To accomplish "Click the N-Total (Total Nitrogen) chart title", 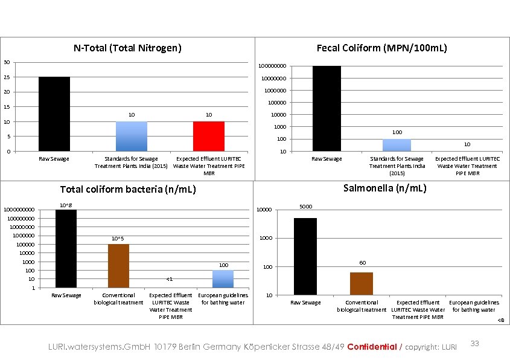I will [127, 48].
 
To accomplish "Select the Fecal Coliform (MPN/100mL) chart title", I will [381, 48].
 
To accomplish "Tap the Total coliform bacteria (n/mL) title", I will [127, 190].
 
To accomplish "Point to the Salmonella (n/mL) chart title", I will [384, 188].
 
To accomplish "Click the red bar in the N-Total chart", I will [209, 136].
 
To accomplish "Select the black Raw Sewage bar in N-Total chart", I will [54, 114].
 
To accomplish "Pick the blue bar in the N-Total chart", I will [131, 136].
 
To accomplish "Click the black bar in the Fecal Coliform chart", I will [327, 109].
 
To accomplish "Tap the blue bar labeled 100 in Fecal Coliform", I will [397, 145].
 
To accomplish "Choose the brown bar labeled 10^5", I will [118, 266].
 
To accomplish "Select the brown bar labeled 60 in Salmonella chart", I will [362, 283].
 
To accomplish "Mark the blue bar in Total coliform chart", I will [223, 278].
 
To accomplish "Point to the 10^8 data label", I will [66, 205].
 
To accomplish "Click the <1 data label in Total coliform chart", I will [170, 279].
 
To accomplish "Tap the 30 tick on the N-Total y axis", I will [5, 62].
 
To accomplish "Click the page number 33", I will [474, 344].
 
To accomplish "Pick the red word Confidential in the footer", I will [372, 347].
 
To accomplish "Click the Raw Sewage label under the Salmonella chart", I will [305, 303].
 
